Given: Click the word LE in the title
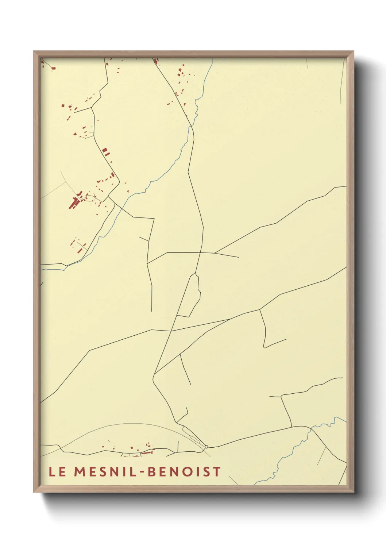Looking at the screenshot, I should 57,471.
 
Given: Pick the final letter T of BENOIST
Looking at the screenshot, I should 217,471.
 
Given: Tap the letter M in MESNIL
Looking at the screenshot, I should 80,471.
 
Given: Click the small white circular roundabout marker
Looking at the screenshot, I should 206,447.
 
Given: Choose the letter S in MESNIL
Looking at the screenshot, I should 103,471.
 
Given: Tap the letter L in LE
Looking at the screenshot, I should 51,471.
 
